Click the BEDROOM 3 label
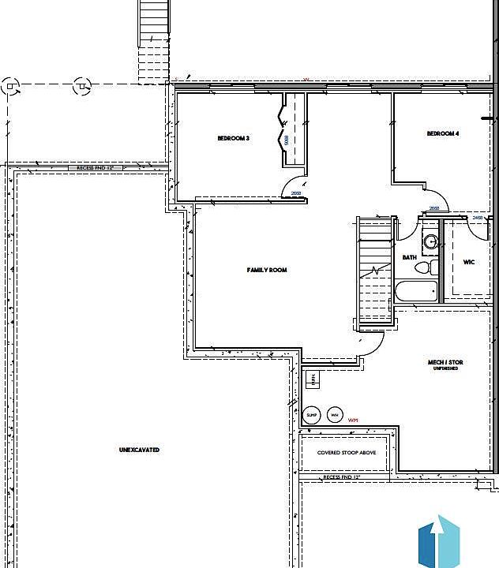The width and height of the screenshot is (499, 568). coord(234,138)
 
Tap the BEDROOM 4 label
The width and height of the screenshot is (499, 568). coord(443,133)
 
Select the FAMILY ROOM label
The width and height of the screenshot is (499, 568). coord(267,270)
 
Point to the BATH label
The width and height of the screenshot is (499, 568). coord(409,257)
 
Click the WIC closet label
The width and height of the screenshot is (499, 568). coord(468,262)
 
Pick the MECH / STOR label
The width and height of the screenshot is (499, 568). coord(445,364)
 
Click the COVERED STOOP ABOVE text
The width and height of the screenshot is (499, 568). coord(347,453)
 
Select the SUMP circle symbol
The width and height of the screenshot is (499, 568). coord(312,414)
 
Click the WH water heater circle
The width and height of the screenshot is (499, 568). coord(334,414)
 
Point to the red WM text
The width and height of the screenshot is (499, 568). coord(353,420)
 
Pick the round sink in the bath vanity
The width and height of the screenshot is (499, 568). coord(431,242)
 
